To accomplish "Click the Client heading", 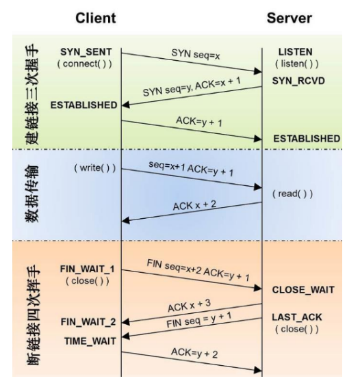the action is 95,18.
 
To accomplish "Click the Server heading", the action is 290,18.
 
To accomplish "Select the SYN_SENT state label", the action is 86,52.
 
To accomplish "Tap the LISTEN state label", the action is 296,52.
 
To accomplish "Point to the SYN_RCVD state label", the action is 298,81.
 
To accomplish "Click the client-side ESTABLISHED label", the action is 83,105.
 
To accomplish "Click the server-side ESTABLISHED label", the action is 307,139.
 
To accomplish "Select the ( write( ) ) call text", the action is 95,168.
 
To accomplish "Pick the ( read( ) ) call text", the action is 292,194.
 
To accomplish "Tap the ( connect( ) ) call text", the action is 85,64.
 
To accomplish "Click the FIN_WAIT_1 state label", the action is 87,269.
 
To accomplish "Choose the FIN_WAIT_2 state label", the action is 88,322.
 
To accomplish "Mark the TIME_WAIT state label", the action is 90,341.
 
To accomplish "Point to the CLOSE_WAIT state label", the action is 303,290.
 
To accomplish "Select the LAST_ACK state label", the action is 297,317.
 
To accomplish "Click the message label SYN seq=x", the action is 196,55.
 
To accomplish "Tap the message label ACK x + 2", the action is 194,205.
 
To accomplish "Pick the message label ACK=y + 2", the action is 194,353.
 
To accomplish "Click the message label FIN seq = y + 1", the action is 198,320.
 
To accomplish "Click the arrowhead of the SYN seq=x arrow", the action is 258,71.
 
